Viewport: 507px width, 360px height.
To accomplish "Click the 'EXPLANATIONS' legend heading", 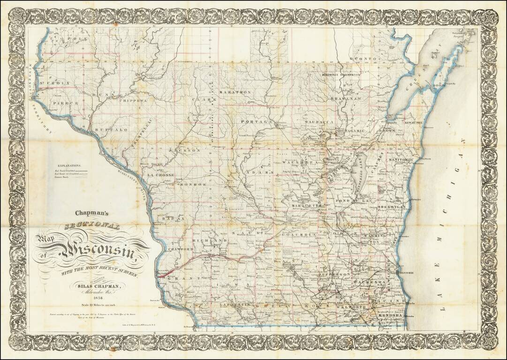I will click(68, 166).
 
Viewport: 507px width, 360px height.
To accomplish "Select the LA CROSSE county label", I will click(161, 174).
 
